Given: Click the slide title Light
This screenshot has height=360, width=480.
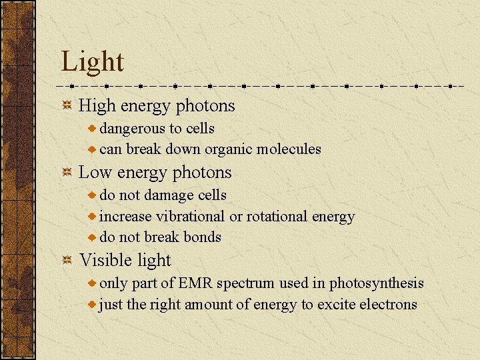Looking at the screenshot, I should (92, 62).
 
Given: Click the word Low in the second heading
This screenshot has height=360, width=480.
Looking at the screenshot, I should (94, 173).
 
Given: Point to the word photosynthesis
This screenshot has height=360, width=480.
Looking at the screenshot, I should (377, 283).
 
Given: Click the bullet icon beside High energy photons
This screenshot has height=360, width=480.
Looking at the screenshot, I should (67, 106).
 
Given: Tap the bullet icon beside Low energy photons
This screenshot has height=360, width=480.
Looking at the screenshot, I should (67, 173).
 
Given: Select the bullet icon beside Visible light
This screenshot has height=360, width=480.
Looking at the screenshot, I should (67, 261).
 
